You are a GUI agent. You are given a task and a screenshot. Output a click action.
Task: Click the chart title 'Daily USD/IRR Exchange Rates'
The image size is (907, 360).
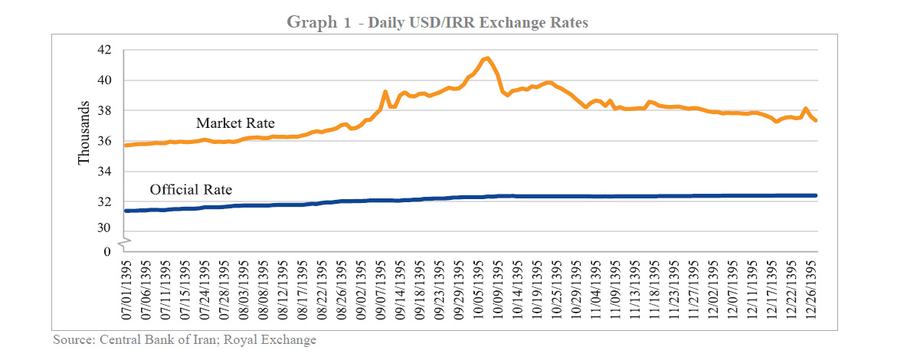click(478, 23)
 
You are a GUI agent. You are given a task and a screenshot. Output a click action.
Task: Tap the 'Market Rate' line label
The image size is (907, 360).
click(235, 123)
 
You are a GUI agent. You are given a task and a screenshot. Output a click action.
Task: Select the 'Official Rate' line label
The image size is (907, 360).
click(191, 189)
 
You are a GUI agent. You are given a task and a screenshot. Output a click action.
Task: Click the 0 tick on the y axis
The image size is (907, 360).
click(107, 251)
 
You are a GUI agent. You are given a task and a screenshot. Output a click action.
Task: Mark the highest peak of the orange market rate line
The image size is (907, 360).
click(487, 57)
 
